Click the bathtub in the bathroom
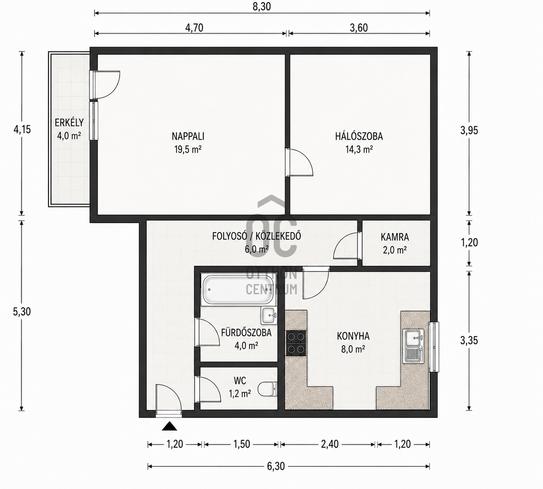pos(238,290)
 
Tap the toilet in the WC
pos(267,389)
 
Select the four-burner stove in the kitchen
pos(296,343)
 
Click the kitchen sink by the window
pos(413,346)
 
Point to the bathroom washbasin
pos(269,316)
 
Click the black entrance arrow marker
pos(170,426)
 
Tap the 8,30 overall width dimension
pos(262,7)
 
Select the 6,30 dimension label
pos(276,466)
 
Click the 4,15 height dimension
pos(22,129)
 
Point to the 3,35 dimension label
pos(469,341)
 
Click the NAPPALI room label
pos(188,136)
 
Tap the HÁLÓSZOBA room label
pos(359,136)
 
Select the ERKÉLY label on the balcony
pos(69,123)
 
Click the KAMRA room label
pos(395,238)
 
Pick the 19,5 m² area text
pos(188,149)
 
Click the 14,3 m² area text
pos(359,149)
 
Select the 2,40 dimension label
pos(330,444)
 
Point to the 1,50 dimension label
pos(242,444)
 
